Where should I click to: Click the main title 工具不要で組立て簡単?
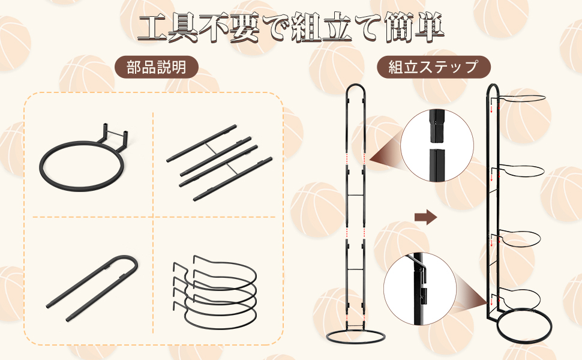(x=290, y=28)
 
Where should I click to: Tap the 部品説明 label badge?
(x=157, y=67)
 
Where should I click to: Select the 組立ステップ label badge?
(x=433, y=67)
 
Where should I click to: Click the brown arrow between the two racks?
(x=425, y=217)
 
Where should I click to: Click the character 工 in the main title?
(x=152, y=28)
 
